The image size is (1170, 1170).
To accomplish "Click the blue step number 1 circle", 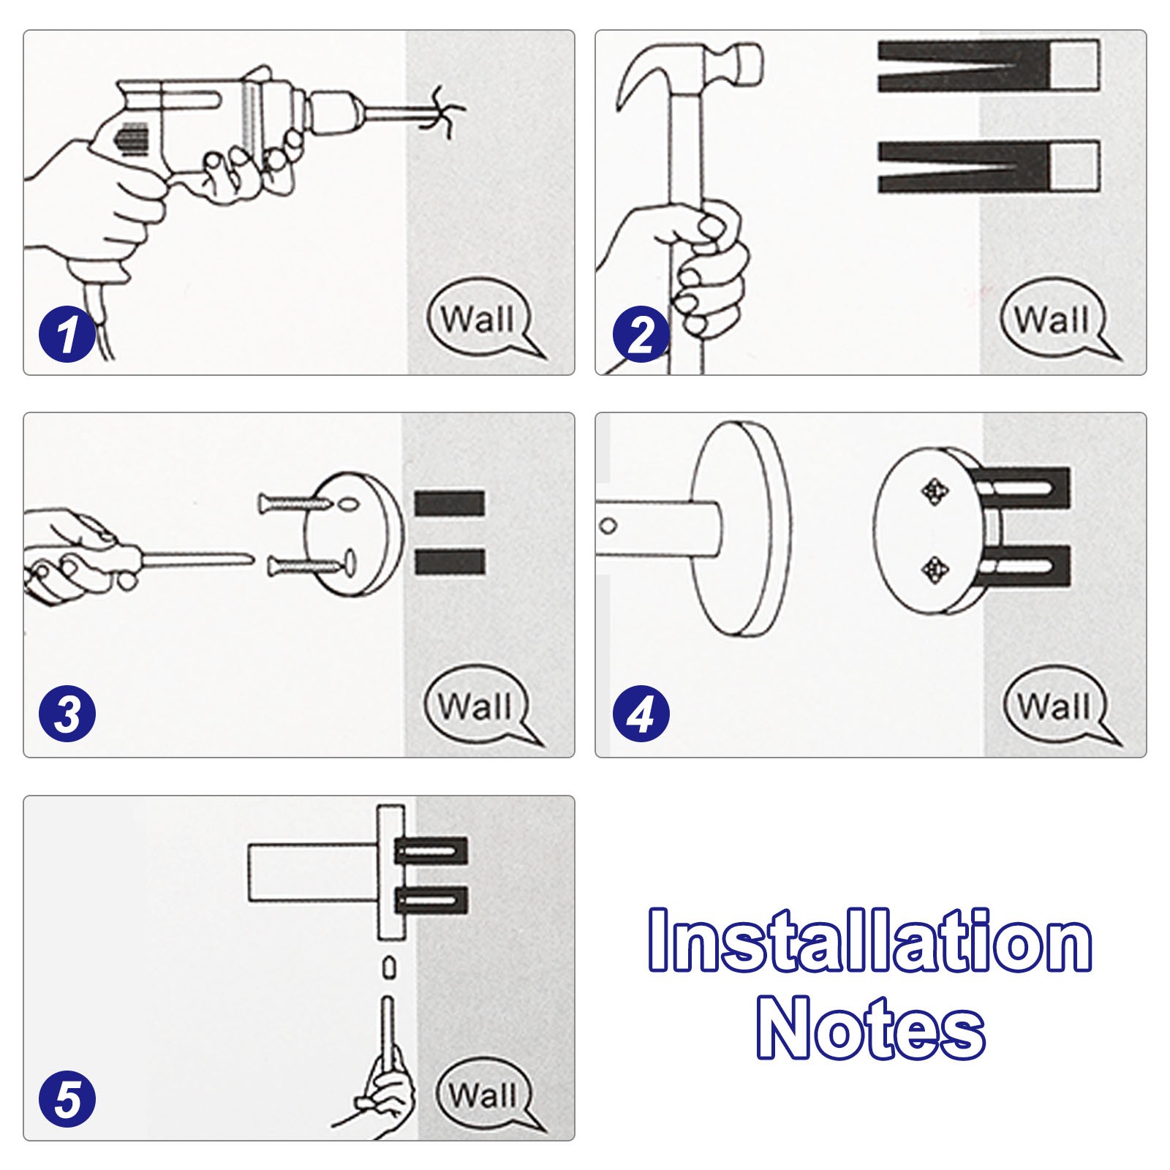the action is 67,334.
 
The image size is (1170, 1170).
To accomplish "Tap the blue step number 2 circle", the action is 641,334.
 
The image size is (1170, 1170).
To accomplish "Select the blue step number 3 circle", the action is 67,714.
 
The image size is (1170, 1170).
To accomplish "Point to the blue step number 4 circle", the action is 641,714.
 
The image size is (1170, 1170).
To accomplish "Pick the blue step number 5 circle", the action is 67,1098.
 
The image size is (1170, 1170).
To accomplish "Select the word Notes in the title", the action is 870,1026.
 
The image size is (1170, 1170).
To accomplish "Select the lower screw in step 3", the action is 304,565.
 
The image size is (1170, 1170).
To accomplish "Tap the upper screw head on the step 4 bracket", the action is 934,491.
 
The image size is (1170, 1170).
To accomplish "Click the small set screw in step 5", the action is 389,968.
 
